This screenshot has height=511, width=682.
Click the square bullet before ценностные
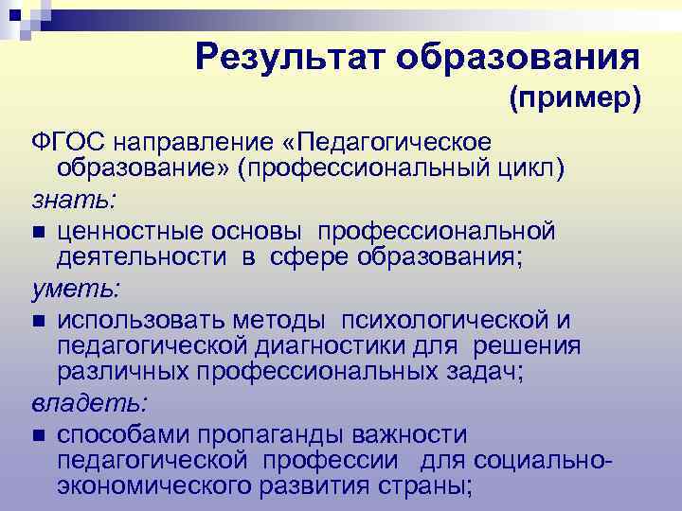(x=36, y=231)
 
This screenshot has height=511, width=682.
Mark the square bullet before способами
(x=36, y=435)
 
